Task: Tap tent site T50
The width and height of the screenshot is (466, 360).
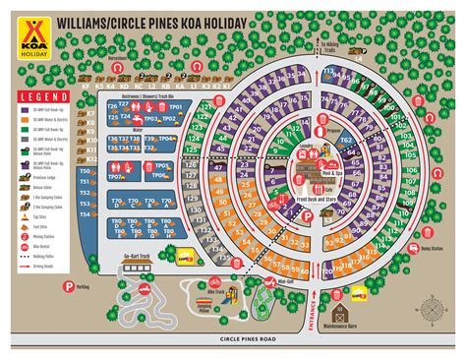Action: coord(86,171)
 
